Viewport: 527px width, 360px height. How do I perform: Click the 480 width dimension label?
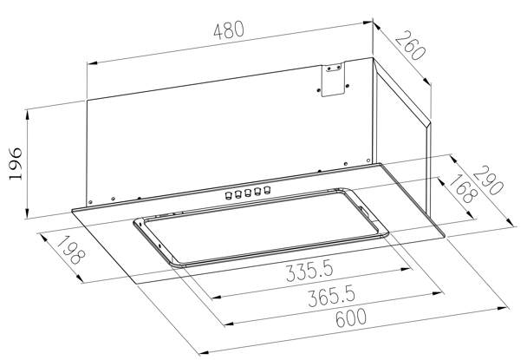229,30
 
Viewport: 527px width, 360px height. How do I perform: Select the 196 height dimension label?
16,164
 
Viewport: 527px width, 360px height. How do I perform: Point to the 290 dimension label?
489,180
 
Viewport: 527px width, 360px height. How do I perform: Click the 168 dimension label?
464,189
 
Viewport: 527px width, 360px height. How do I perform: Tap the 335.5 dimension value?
310,272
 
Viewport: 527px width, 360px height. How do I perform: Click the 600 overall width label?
351,317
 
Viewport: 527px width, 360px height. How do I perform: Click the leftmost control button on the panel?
229,195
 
